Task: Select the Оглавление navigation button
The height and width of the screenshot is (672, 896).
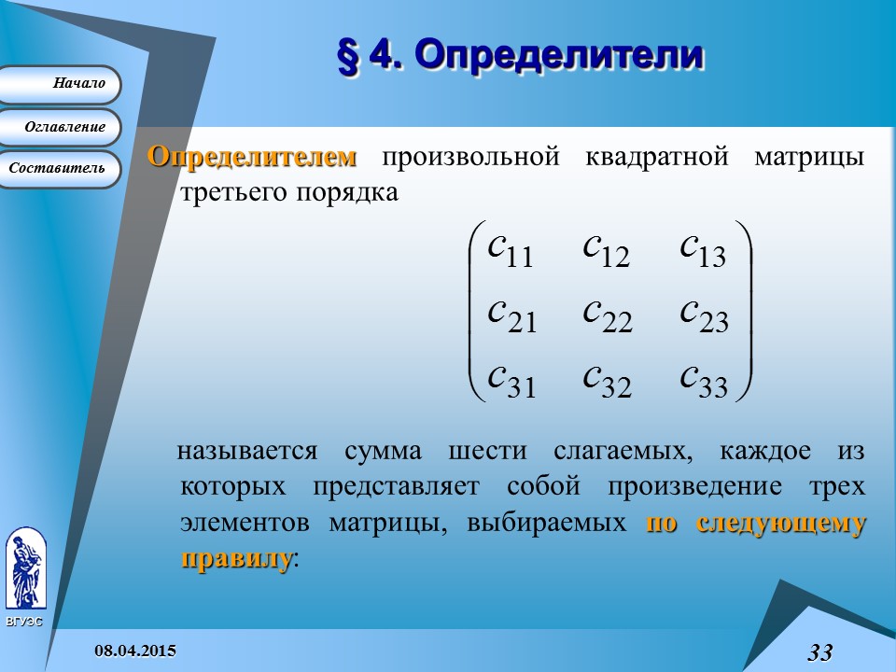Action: pos(62,127)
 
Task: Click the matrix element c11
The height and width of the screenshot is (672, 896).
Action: pos(510,249)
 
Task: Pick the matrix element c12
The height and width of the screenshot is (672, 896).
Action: pos(607,249)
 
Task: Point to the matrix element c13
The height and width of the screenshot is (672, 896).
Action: pos(703,249)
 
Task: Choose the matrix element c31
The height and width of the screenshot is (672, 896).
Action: pos(511,379)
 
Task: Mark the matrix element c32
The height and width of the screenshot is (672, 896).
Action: pos(608,379)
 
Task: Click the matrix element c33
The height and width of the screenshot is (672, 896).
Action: pos(704,379)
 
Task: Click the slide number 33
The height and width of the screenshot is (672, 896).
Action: pos(819,651)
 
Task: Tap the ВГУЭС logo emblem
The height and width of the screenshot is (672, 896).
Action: pos(25,569)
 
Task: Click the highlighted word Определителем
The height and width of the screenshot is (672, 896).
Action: pos(252,156)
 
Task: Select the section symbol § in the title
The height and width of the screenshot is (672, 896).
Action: pos(346,56)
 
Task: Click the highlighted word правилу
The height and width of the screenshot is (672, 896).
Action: pos(235,558)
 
